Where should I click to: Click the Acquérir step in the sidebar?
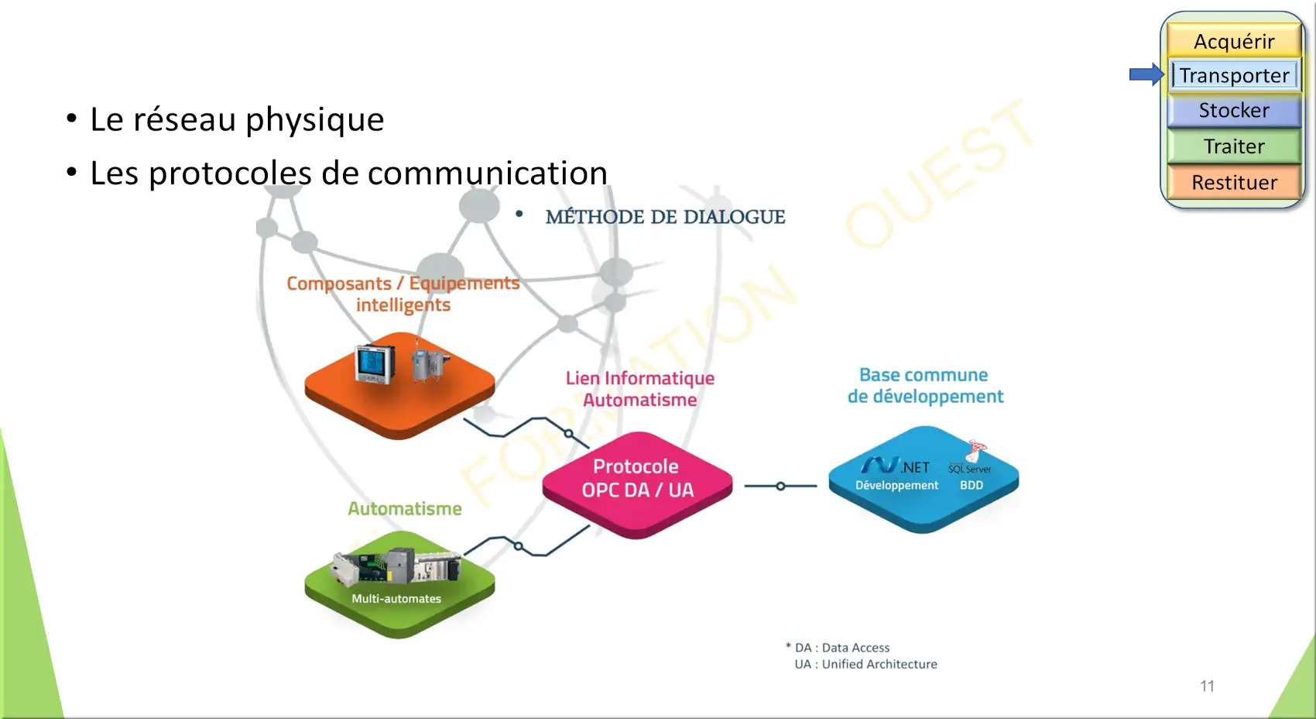point(1234,41)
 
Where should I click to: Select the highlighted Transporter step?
point(1234,75)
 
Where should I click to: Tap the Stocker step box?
point(1234,111)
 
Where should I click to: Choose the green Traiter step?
point(1234,146)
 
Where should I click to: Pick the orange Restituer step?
point(1234,183)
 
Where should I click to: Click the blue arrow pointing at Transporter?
point(1146,74)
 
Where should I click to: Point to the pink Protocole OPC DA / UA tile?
point(637,479)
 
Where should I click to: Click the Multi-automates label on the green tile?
point(396,599)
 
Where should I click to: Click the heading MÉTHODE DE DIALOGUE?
point(665,217)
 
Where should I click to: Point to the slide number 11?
point(1207,686)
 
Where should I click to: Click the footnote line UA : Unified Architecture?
point(865,664)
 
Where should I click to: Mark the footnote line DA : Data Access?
point(842,648)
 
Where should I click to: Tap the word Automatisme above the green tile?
point(405,509)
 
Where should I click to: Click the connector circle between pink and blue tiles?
point(780,487)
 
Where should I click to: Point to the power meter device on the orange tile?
point(375,364)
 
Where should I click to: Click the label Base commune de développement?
point(925,386)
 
